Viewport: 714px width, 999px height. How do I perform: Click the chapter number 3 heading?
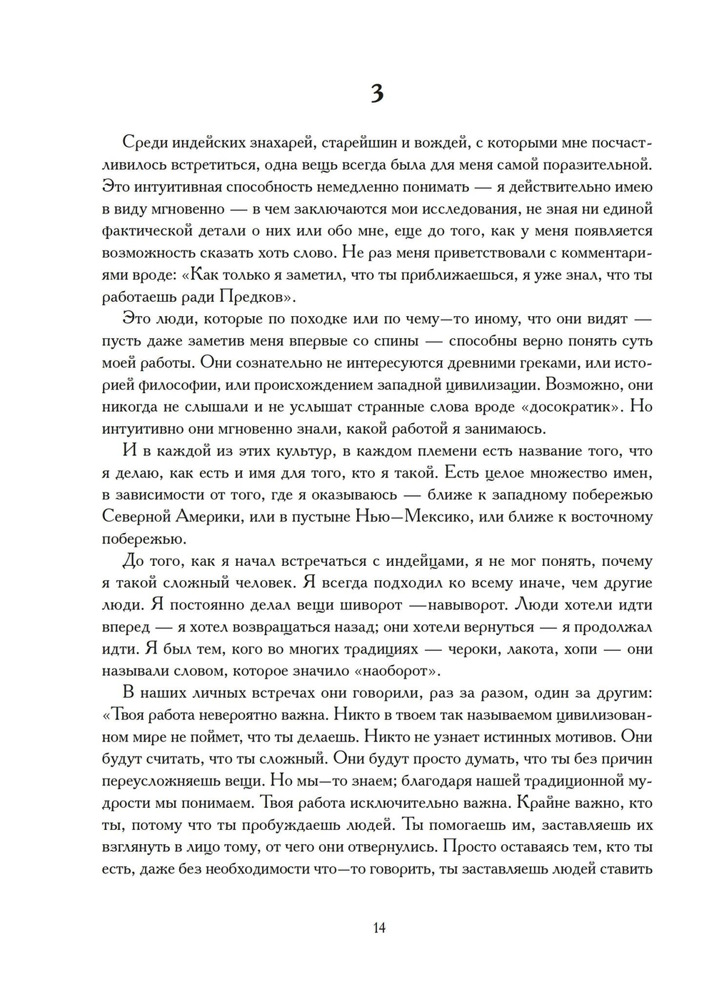(x=378, y=94)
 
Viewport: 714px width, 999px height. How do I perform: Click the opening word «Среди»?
(x=149, y=143)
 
